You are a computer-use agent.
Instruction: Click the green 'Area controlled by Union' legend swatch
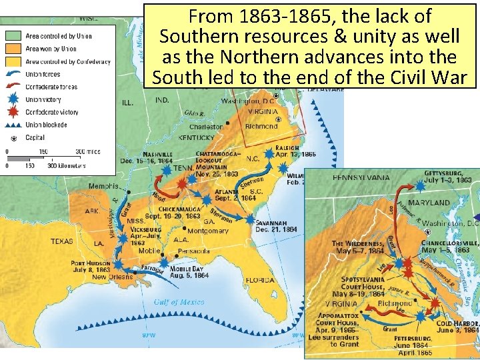click(15, 36)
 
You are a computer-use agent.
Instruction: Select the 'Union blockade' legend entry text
click(46, 125)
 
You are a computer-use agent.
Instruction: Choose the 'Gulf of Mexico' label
click(179, 302)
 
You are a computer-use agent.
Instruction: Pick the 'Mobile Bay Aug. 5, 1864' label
click(189, 271)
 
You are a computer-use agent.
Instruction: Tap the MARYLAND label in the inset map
click(429, 202)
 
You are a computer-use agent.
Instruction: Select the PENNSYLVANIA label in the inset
click(361, 178)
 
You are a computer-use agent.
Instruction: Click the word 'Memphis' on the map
click(103, 186)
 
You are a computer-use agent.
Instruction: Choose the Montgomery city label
click(208, 231)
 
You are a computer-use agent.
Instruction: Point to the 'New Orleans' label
click(114, 276)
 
